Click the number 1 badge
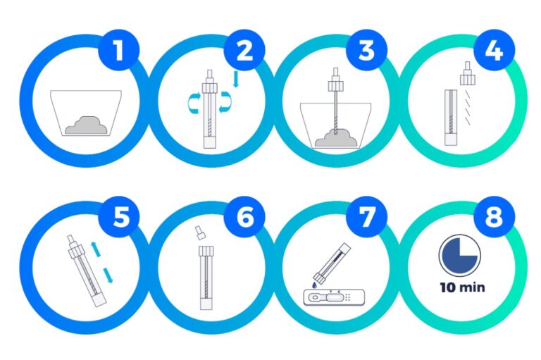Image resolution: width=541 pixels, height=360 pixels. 118,50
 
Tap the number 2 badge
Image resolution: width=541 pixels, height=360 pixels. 244,50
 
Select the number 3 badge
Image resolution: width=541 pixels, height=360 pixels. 366,50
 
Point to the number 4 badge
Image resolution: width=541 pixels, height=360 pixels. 494,50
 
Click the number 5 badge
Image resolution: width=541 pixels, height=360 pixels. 118,217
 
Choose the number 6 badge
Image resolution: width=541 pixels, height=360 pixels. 244,217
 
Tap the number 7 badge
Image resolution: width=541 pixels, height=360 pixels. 366,217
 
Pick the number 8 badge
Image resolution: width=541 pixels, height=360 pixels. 494,217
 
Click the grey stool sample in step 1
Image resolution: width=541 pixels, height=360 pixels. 86,125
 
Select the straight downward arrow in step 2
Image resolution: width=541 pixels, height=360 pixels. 236,79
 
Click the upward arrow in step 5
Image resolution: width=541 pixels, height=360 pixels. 95,249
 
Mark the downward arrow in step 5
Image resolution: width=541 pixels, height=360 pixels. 108,275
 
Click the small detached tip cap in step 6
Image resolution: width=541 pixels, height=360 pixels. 199,233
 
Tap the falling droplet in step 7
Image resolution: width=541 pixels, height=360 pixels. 315,285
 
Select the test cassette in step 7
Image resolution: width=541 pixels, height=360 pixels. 334,297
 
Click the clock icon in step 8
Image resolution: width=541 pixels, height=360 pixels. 460,256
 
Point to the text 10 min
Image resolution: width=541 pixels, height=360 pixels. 462,287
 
